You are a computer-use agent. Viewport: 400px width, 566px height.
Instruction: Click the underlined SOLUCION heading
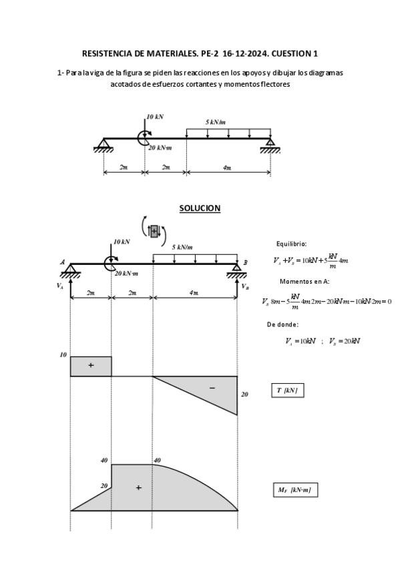pyautogui.click(x=200, y=208)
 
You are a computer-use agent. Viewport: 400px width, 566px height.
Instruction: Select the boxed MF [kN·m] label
pyautogui.click(x=294, y=490)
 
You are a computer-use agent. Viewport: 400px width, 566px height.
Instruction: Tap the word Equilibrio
pyautogui.click(x=291, y=244)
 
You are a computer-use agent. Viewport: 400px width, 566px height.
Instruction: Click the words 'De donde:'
pyautogui.click(x=282, y=324)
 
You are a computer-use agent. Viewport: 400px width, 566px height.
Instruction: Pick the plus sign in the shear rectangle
pyautogui.click(x=91, y=366)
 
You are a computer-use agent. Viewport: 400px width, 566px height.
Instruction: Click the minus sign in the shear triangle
pyautogui.click(x=212, y=388)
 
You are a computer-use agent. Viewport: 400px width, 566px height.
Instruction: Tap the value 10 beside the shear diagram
pyautogui.click(x=63, y=355)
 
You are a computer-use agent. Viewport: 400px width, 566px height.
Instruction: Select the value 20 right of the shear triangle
pyautogui.click(x=244, y=394)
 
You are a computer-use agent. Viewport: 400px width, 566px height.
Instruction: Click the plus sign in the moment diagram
pyautogui.click(x=138, y=488)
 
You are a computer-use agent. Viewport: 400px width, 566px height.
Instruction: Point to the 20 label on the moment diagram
pyautogui.click(x=104, y=486)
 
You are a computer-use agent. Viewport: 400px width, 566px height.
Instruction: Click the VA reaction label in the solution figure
pyautogui.click(x=60, y=286)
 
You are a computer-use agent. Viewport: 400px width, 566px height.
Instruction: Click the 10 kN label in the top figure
pyautogui.click(x=155, y=116)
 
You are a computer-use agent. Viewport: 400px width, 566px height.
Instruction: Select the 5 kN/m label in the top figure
pyautogui.click(x=215, y=122)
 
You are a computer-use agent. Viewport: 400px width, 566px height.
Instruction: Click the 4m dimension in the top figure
pyautogui.click(x=228, y=168)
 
